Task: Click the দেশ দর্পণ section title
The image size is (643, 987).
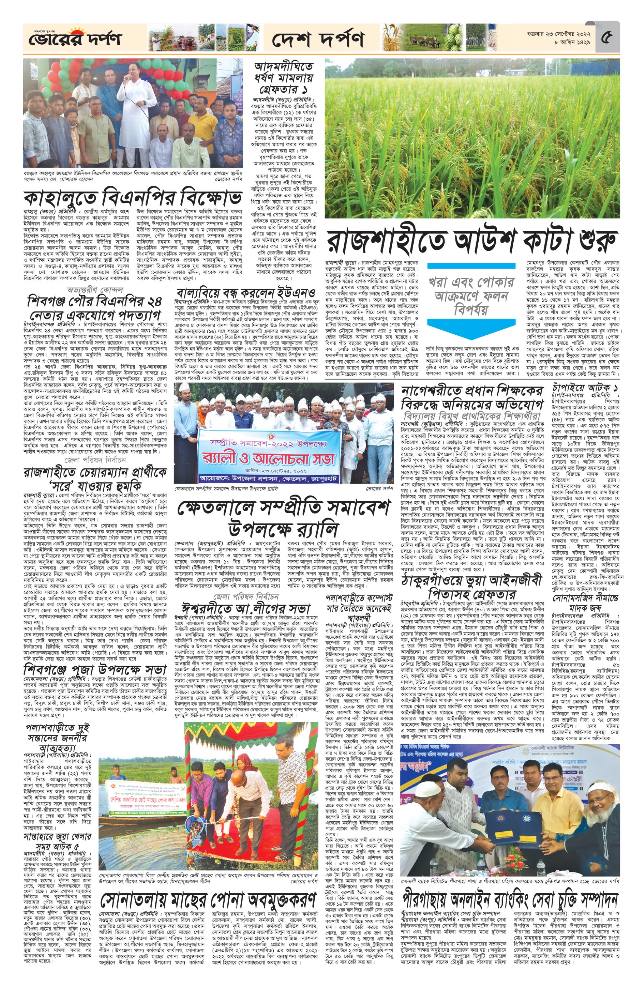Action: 318,39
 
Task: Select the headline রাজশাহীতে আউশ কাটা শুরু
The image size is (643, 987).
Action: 472,241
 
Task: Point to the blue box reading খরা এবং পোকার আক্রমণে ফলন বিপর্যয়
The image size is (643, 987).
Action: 470,296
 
